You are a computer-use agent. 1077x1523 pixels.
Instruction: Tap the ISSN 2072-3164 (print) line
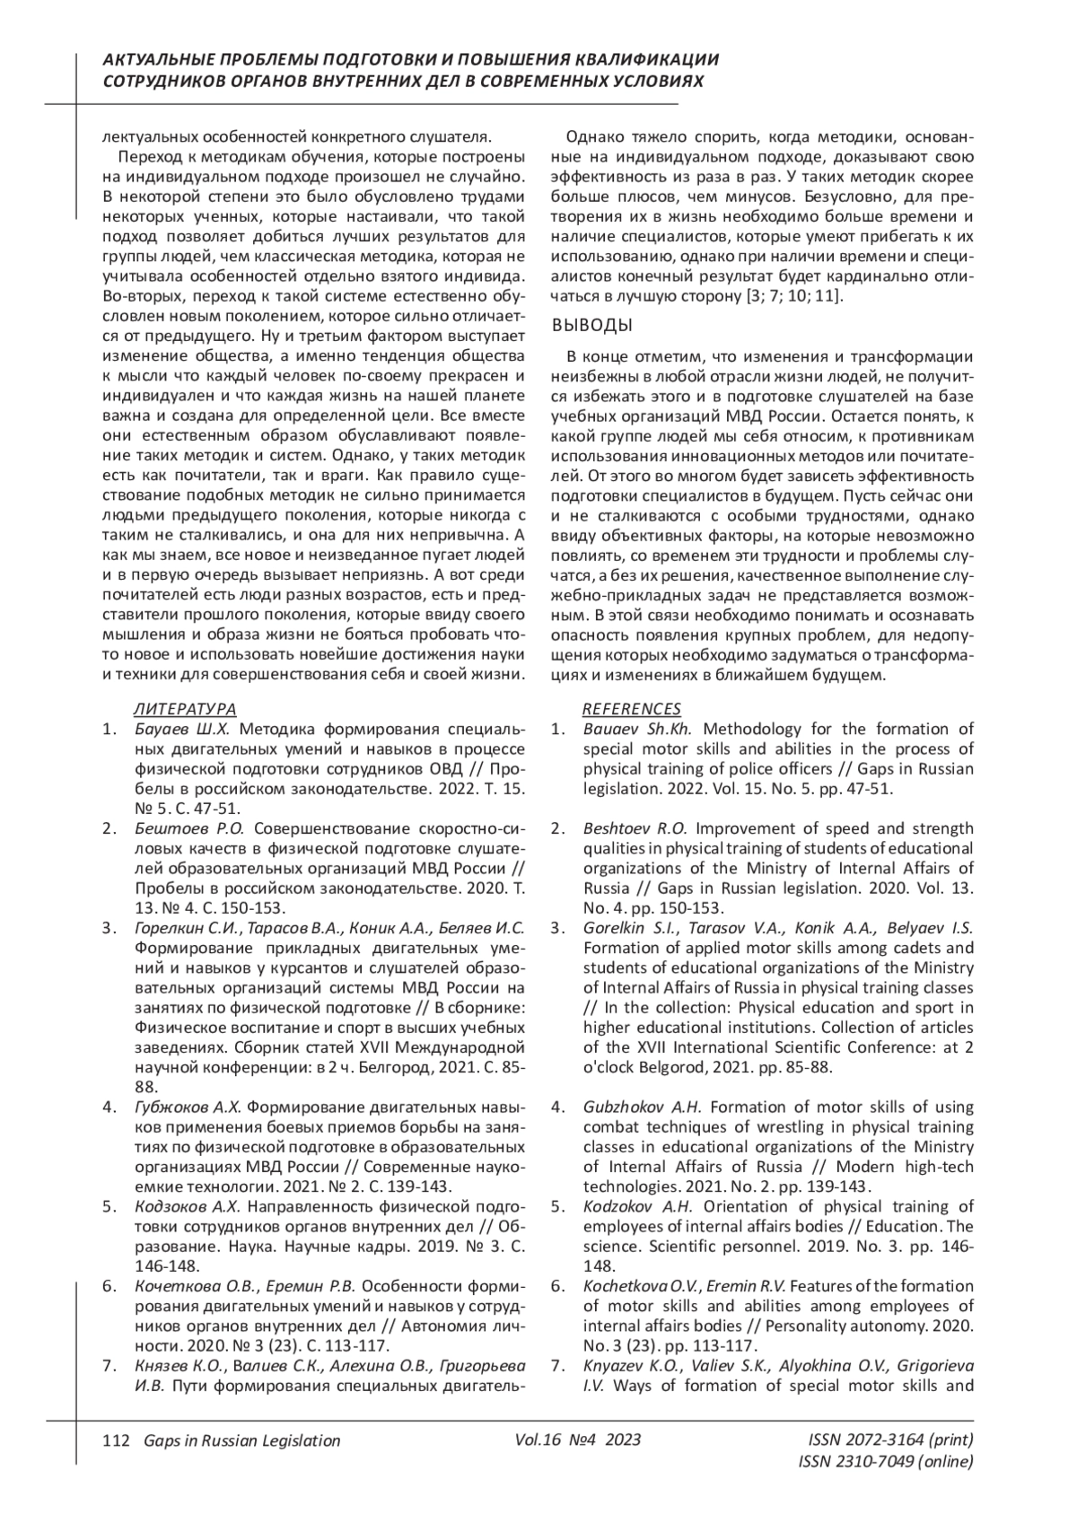tap(890, 1440)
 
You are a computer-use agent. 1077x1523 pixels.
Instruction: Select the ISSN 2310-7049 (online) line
tap(885, 1462)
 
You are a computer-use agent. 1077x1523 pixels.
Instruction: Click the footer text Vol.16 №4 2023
tap(578, 1440)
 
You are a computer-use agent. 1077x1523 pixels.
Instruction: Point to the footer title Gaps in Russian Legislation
tap(236, 1440)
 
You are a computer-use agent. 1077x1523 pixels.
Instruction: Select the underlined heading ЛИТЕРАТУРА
tap(185, 709)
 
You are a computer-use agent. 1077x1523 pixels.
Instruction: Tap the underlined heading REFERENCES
tap(632, 709)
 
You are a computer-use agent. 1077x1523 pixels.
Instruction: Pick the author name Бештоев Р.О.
tap(188, 828)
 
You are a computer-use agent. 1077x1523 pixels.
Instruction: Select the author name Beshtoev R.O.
tap(635, 828)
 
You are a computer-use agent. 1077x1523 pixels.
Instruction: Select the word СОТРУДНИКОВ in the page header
tap(163, 81)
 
